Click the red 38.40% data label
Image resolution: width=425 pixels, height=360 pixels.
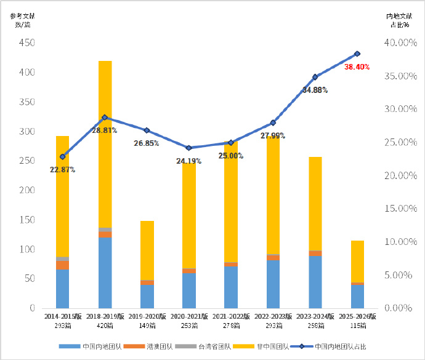pyautogui.click(x=357, y=66)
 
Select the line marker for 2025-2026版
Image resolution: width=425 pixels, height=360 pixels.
pyautogui.click(x=357, y=54)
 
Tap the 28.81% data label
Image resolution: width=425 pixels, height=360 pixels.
pyautogui.click(x=105, y=130)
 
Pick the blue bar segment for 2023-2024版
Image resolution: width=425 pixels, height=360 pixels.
pyautogui.click(x=315, y=282)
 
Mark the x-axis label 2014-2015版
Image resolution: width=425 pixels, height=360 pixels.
pyautogui.click(x=62, y=316)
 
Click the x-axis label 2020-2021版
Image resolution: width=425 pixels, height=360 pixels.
pyautogui.click(x=188, y=316)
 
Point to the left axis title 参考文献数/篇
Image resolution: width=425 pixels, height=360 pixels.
pyautogui.click(x=20, y=20)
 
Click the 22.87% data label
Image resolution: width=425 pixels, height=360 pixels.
pyautogui.click(x=62, y=169)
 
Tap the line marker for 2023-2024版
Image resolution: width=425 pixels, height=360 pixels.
pyautogui.click(x=315, y=77)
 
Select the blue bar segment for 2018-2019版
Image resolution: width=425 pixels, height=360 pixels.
pyautogui.click(x=105, y=273)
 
